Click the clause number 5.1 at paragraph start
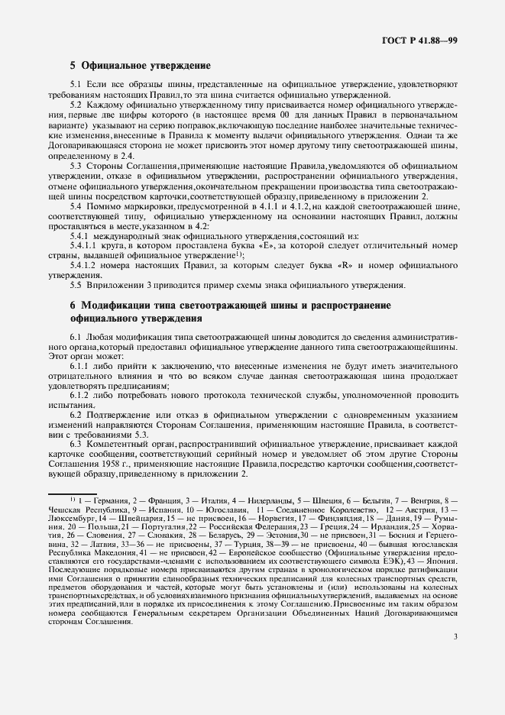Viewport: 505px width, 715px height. click(x=76, y=85)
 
